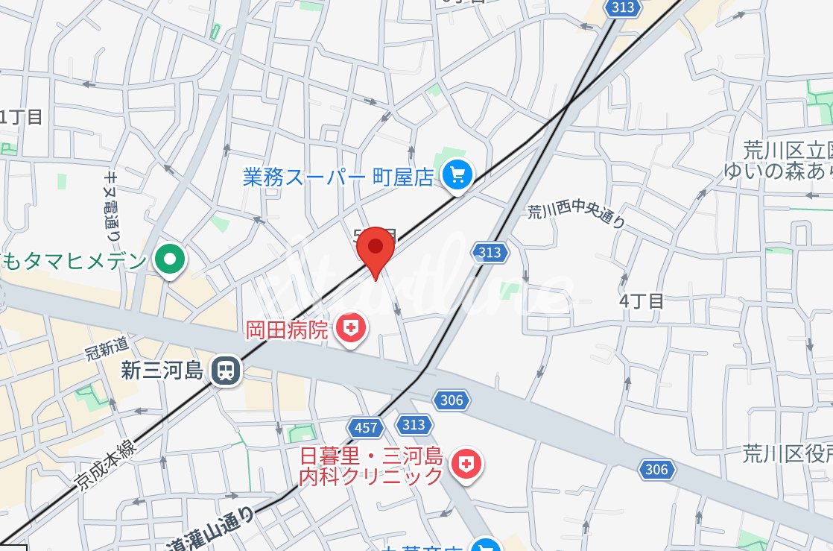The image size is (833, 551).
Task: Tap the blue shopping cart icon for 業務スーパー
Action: (x=457, y=176)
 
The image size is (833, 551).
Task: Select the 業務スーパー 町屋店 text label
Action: (x=338, y=177)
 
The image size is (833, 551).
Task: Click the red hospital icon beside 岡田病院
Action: (x=349, y=327)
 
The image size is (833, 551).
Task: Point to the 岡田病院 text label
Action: (x=287, y=330)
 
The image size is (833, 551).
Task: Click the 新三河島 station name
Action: (x=162, y=371)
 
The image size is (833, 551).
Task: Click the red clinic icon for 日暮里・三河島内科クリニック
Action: (x=466, y=465)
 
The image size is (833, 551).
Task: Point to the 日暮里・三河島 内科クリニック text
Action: (x=371, y=466)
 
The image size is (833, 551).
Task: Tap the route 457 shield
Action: (x=365, y=428)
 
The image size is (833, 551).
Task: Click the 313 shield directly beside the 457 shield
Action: (x=414, y=425)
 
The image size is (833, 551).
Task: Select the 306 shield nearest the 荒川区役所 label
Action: (x=656, y=469)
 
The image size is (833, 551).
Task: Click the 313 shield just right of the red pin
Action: (x=490, y=253)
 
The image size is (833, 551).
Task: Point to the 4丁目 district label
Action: (x=641, y=301)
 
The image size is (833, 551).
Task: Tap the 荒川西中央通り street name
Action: (x=576, y=216)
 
